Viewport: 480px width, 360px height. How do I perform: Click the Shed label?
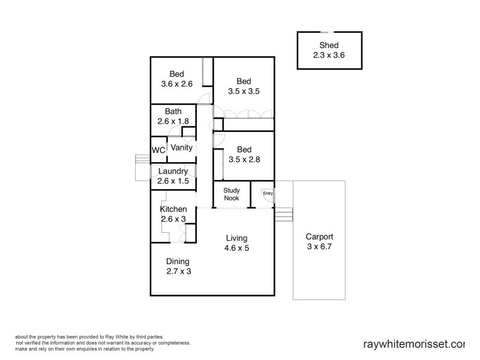tap(328, 45)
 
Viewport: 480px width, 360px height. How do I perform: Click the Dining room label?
tap(178, 261)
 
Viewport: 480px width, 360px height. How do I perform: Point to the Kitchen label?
tap(173, 209)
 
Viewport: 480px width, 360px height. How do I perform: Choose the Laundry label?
tap(173, 171)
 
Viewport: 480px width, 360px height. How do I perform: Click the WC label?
tap(158, 149)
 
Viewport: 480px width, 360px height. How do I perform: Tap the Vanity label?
tap(181, 147)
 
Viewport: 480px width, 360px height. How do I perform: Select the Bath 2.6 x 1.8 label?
tap(173, 116)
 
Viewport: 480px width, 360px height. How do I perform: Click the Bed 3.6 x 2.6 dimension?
tap(176, 84)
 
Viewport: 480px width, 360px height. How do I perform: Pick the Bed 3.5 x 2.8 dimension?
tap(243, 158)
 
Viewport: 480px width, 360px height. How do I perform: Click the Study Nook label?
tap(232, 194)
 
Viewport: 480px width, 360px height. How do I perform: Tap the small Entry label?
tap(268, 193)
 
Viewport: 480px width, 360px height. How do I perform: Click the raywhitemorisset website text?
tap(414, 344)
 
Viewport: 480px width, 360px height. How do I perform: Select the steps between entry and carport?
tap(283, 214)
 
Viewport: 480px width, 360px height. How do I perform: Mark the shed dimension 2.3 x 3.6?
tap(328, 55)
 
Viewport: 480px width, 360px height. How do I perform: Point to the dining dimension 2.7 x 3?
tap(178, 271)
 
